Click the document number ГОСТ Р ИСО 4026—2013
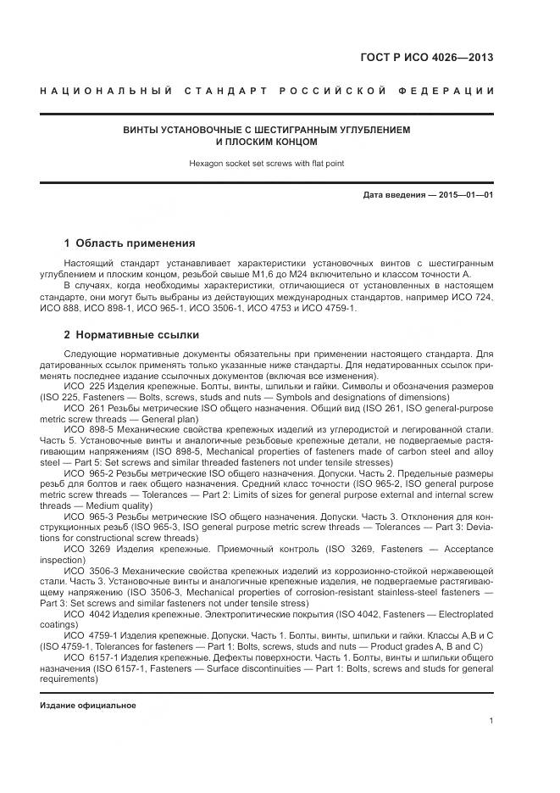tap(426, 59)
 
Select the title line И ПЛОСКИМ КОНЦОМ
tap(267, 142)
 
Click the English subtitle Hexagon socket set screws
tap(267, 163)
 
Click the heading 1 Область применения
tap(129, 243)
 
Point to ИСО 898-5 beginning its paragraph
tap(85, 430)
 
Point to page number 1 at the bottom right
tap(491, 721)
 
